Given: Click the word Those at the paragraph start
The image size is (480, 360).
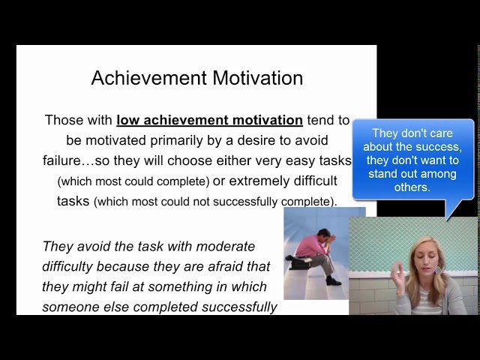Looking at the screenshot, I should pyautogui.click(x=64, y=120).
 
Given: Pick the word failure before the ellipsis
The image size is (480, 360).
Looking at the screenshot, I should pyautogui.click(x=64, y=160).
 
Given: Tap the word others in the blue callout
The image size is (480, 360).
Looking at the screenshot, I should pyautogui.click(x=412, y=187).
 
